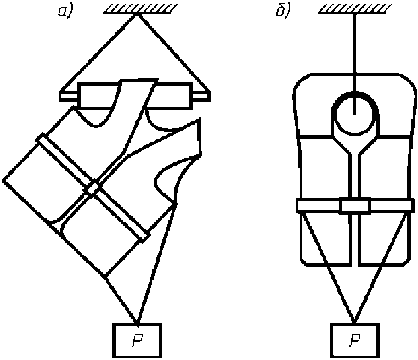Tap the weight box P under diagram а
(x=137, y=340)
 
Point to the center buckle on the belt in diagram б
(x=355, y=206)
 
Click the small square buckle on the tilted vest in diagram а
(x=94, y=188)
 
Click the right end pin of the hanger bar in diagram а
(x=201, y=97)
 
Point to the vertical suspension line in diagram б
(x=354, y=55)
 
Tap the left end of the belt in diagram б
(x=302, y=206)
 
